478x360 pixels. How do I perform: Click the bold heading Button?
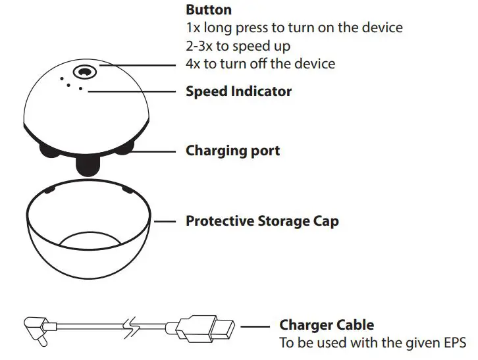point(209,10)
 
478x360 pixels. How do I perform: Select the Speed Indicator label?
point(238,91)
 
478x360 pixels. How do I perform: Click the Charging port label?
point(232,150)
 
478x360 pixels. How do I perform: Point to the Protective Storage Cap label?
point(262,221)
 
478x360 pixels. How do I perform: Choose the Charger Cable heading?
point(327,324)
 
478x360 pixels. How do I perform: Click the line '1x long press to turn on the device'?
point(294,28)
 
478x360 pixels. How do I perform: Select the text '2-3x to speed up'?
point(238,46)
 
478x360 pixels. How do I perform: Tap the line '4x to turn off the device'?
point(260,64)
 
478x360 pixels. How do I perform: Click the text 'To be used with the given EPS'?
point(372,343)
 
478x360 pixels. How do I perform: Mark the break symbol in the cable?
point(134,326)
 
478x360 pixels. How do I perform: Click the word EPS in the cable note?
point(453,343)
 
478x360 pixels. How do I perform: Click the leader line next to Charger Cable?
point(255,326)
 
